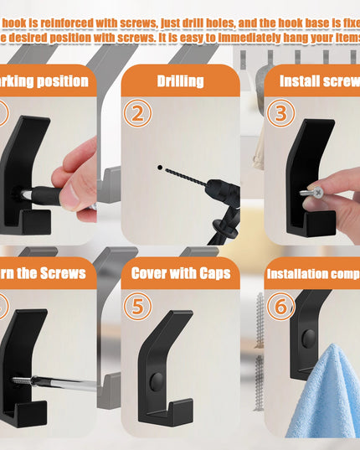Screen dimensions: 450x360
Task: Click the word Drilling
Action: pos(179,81)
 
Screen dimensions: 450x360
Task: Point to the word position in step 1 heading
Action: pos(56,81)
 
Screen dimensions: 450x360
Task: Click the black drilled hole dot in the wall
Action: pos(159,167)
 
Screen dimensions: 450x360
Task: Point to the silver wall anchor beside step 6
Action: pos(260,318)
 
